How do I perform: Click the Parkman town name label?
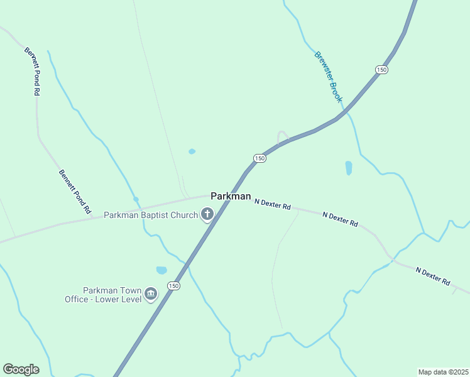(x=231, y=196)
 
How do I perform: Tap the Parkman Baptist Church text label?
(x=150, y=216)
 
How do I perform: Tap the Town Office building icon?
(x=150, y=293)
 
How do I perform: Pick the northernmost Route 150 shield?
(x=381, y=69)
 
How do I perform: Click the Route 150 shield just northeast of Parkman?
(x=260, y=158)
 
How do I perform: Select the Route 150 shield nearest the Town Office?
(x=173, y=286)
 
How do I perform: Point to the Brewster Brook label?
(x=329, y=77)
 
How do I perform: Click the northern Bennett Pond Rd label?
(x=32, y=71)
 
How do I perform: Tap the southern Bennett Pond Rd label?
(x=75, y=192)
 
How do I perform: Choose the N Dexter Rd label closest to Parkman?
(x=273, y=204)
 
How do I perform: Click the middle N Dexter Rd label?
(x=340, y=219)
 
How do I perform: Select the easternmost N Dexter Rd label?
(x=433, y=275)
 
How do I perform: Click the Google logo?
(x=21, y=369)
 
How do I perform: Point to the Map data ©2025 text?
(x=442, y=371)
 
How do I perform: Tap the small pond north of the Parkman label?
(x=192, y=151)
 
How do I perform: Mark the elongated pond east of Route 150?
(x=349, y=168)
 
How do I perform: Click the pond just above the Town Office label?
(x=161, y=270)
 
